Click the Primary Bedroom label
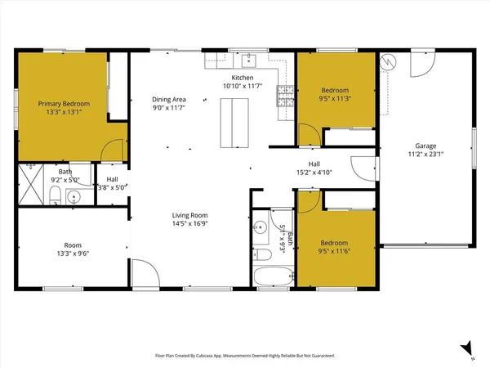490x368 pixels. click(x=64, y=104)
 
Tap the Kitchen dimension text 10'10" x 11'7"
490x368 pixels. click(x=246, y=85)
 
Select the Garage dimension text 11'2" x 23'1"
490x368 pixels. click(x=424, y=153)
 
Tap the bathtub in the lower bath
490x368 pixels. click(x=270, y=276)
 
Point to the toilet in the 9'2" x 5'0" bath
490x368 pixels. click(x=53, y=195)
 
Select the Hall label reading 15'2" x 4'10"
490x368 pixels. click(x=314, y=168)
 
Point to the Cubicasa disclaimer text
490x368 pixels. click(x=245, y=356)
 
